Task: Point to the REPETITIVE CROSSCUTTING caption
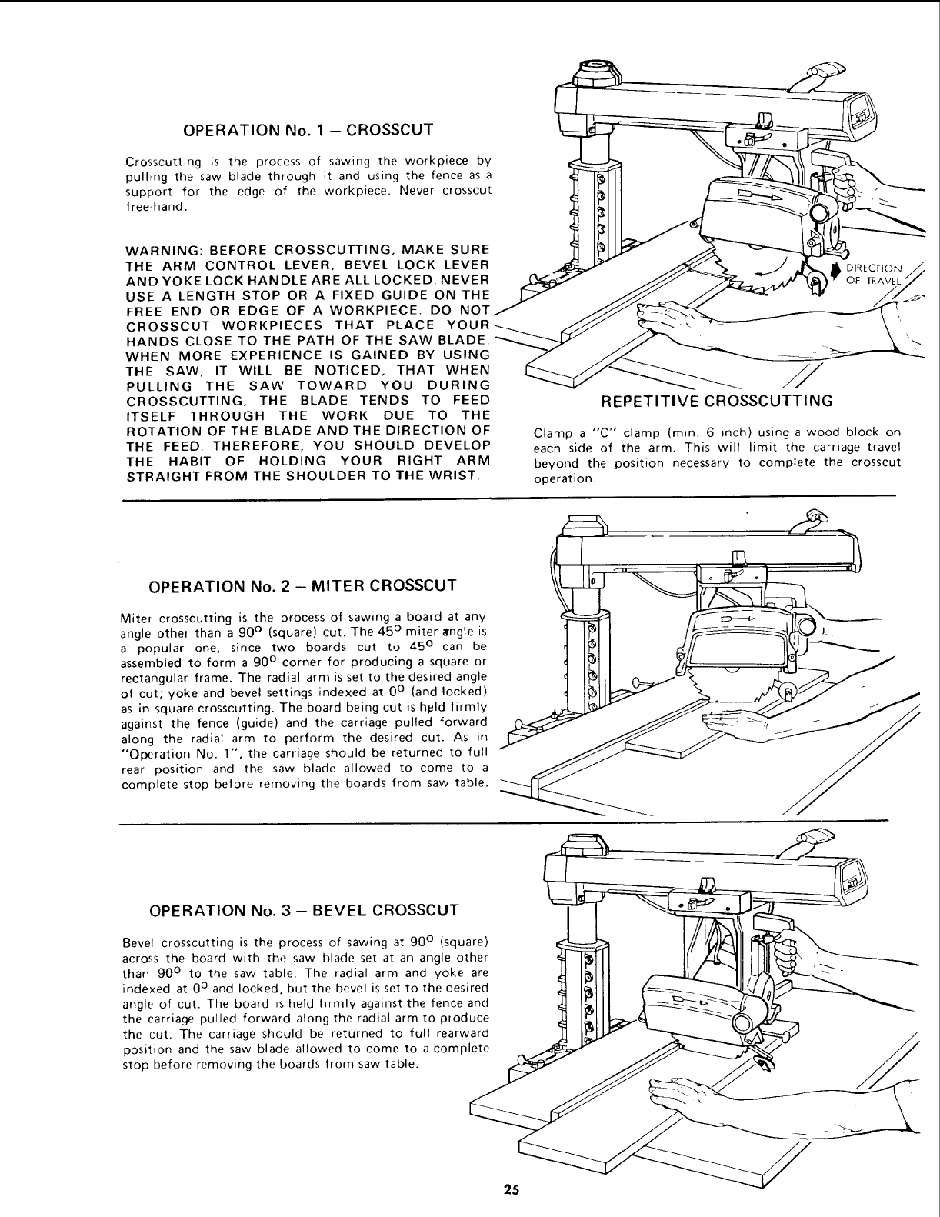pyautogui.click(x=717, y=401)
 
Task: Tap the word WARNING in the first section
pyautogui.click(x=160, y=250)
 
